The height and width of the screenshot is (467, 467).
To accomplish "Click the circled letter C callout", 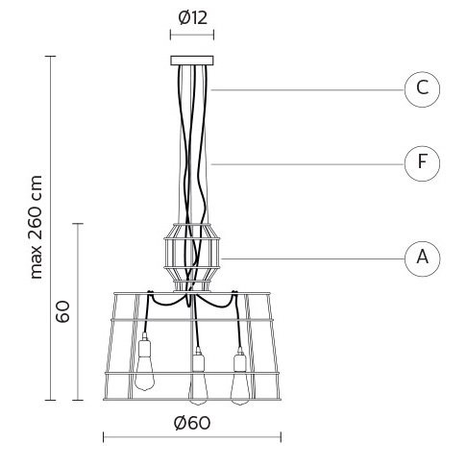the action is (422, 89).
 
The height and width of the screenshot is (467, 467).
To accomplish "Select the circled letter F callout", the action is (422, 163).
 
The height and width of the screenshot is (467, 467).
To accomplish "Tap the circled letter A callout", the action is (422, 258).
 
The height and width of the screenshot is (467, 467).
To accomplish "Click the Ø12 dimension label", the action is (193, 18).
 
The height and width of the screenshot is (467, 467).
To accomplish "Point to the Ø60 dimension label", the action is (192, 423).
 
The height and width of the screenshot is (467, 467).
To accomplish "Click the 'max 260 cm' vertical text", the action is (36, 227).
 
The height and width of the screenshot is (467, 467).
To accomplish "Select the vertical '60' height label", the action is (62, 311).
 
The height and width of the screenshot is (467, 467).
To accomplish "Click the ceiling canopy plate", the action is (192, 61).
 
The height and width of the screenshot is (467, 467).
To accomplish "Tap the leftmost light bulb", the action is (144, 374).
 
